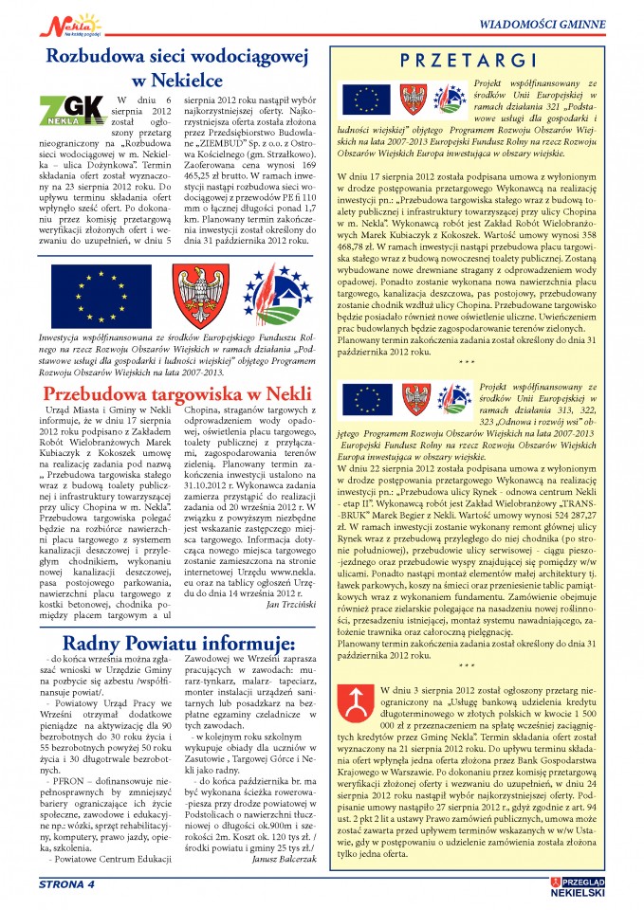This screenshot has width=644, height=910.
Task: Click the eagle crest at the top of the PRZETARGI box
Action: (412, 100)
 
